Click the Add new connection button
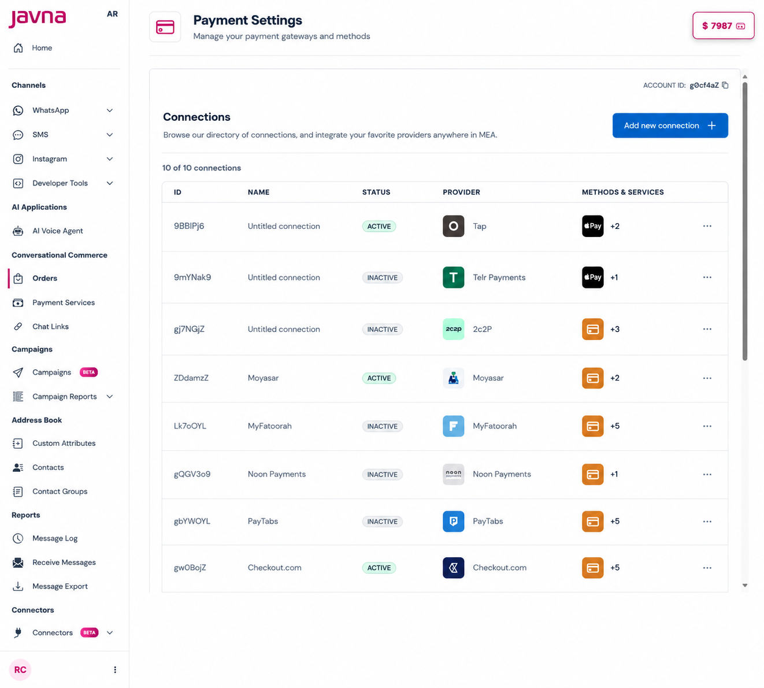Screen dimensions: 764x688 click(x=670, y=125)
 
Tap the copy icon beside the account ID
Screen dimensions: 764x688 click(x=725, y=85)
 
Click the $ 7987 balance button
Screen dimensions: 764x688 click(x=723, y=25)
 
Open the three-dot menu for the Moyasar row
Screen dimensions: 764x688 click(x=707, y=378)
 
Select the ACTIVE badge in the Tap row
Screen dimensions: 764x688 click(x=379, y=226)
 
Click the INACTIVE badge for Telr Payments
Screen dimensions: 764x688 click(x=382, y=278)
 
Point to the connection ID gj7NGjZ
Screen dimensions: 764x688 click(x=190, y=329)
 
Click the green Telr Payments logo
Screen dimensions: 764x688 click(x=453, y=277)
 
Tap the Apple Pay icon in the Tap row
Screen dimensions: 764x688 click(x=592, y=226)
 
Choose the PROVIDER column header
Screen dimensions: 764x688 click(x=461, y=192)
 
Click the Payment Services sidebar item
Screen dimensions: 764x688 click(x=63, y=302)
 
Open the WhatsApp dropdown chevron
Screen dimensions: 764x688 click(x=110, y=110)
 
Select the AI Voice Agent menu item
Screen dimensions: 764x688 click(x=57, y=231)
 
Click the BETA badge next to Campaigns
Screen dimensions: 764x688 click(x=89, y=372)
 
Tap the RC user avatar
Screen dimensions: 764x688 click(x=20, y=669)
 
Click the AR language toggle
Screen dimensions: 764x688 click(x=112, y=14)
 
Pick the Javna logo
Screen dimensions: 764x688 click(x=38, y=19)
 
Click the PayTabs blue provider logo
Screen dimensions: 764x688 click(x=453, y=521)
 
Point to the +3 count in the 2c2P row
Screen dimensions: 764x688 click(x=615, y=329)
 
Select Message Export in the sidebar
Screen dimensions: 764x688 click(x=60, y=586)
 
